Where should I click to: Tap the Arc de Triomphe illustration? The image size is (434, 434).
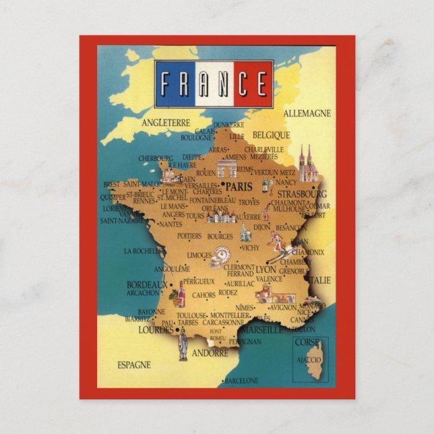(x=227, y=168)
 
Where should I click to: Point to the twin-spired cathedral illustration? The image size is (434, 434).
(x=308, y=166)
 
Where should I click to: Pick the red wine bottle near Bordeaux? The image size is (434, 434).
(x=180, y=294)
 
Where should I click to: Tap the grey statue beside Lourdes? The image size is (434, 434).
(x=182, y=345)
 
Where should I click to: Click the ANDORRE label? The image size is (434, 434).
(x=210, y=353)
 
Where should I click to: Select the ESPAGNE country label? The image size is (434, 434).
(x=134, y=365)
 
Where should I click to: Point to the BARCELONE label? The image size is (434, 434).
(x=241, y=381)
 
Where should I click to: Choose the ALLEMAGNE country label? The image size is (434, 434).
(x=307, y=113)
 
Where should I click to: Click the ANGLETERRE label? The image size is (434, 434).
(x=166, y=123)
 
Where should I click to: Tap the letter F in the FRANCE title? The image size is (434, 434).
(x=166, y=84)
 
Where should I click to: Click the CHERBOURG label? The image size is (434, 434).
(x=156, y=159)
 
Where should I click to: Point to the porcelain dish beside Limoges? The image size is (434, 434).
(x=220, y=257)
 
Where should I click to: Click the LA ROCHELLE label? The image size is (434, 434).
(x=142, y=251)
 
